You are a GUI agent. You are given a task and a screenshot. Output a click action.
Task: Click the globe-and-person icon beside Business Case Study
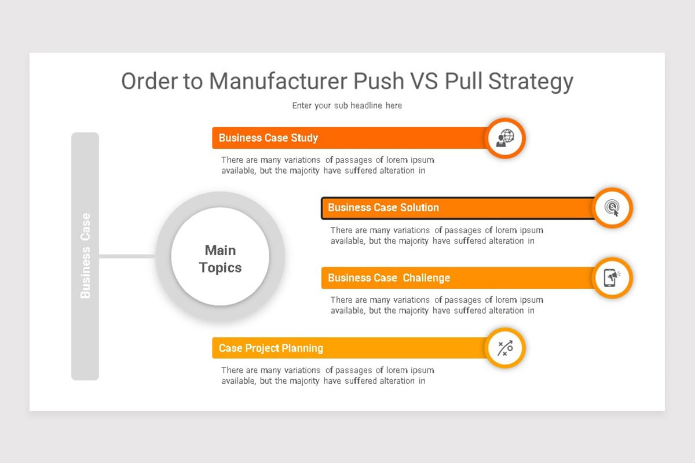[505, 138]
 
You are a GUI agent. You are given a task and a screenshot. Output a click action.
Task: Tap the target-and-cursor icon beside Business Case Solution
[612, 208]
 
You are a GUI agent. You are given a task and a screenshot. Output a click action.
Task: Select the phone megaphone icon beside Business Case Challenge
[612, 278]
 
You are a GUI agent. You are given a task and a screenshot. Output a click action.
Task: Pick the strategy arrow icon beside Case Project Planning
[505, 348]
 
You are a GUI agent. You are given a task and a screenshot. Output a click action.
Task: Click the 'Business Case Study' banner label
[268, 138]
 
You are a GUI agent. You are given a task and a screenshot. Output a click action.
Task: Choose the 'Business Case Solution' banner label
[383, 207]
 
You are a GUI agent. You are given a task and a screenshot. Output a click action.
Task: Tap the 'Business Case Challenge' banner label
[389, 278]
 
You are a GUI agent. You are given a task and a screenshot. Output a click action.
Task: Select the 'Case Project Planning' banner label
[271, 348]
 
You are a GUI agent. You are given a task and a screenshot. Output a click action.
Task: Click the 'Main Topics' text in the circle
[220, 259]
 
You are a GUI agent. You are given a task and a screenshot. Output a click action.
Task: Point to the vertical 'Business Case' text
[85, 256]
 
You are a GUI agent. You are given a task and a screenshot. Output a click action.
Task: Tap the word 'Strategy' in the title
[531, 82]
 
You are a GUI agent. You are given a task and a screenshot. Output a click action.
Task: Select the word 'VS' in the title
[424, 81]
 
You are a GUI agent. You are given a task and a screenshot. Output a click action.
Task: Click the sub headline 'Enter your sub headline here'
[347, 106]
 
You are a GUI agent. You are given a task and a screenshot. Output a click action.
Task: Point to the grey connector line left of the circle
[127, 256]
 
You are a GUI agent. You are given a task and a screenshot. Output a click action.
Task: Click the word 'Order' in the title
[149, 81]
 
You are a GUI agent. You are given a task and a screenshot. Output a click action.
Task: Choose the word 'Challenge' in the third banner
[426, 278]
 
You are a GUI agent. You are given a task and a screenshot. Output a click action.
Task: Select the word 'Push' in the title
[379, 81]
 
